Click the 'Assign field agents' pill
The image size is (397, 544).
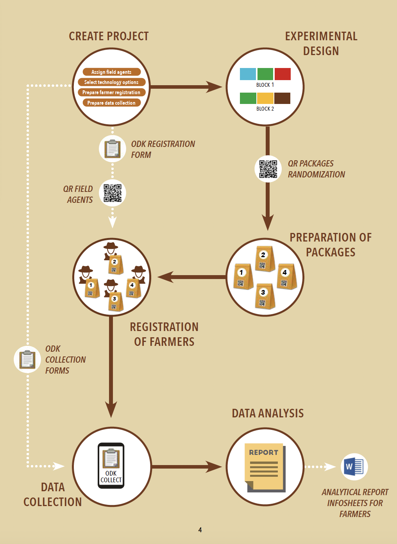coord(111,72)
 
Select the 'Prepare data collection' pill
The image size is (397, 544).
coord(111,103)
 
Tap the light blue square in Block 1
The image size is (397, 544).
coord(248,74)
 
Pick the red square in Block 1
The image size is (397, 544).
coord(283,74)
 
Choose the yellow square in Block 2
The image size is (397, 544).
coord(265,98)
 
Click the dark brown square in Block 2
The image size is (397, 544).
coord(282,98)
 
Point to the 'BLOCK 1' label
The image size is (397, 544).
coord(265,85)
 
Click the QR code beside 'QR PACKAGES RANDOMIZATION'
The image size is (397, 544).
coord(268,169)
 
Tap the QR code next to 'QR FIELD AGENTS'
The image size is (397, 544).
coord(113,193)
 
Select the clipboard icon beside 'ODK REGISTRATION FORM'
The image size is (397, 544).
coord(113,149)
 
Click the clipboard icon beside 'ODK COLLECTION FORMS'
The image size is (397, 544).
coord(27,360)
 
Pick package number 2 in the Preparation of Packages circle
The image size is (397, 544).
coord(265,259)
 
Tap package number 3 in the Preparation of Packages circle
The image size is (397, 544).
coord(265,296)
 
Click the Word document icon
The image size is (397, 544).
coord(354,467)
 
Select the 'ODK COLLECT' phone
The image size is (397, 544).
coord(111,465)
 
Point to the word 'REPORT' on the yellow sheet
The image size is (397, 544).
coord(264,453)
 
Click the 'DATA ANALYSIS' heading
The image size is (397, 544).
coord(268,413)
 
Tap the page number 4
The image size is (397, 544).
coord(200,530)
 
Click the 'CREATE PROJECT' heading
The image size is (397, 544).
coord(109,36)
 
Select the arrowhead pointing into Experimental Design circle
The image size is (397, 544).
coord(215,87)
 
